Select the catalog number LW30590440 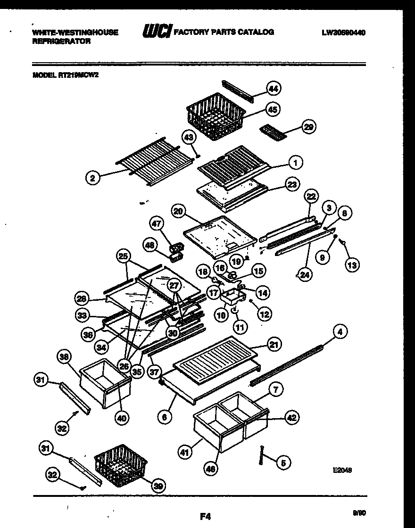tap(344, 33)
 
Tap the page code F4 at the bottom tap(205, 517)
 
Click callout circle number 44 tap(273, 88)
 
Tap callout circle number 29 tap(309, 127)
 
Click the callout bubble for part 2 tap(93, 178)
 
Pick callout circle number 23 tap(292, 185)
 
